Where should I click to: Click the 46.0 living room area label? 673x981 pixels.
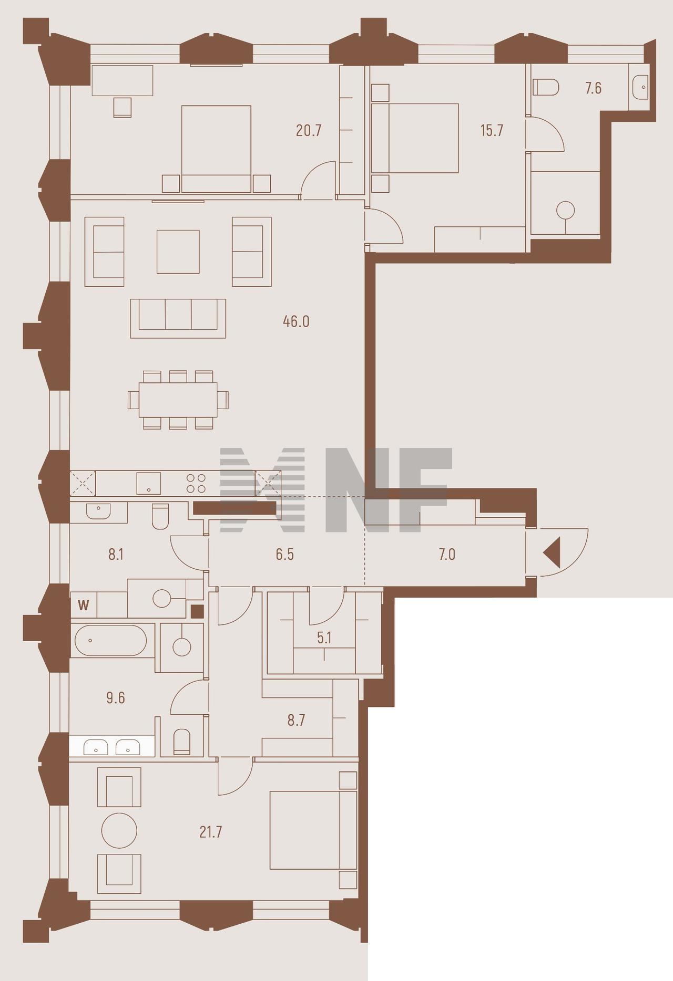[x=296, y=321]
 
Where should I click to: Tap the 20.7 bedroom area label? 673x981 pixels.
[x=309, y=130]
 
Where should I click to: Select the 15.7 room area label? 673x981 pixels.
[x=492, y=130]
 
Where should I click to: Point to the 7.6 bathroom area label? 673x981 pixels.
[x=594, y=88]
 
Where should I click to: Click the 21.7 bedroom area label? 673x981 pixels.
[x=211, y=832]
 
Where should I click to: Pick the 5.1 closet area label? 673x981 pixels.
[x=324, y=638]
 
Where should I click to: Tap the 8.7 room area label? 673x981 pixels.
[x=296, y=720]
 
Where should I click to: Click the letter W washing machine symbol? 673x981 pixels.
[x=84, y=605]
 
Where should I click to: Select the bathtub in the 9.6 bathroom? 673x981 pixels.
[x=111, y=640]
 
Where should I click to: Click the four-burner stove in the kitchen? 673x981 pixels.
[x=196, y=483]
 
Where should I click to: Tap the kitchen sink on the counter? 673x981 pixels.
[x=149, y=483]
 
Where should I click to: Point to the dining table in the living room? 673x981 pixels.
[x=178, y=400]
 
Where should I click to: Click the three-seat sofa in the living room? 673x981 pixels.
[x=178, y=318]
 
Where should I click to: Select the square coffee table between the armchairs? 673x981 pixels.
[x=178, y=252]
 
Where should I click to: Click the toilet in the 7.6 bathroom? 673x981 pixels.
[x=546, y=87]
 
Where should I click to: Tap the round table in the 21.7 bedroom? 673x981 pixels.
[x=119, y=830]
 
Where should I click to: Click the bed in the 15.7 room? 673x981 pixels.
[x=415, y=138]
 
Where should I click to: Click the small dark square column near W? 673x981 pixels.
[x=197, y=611]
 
